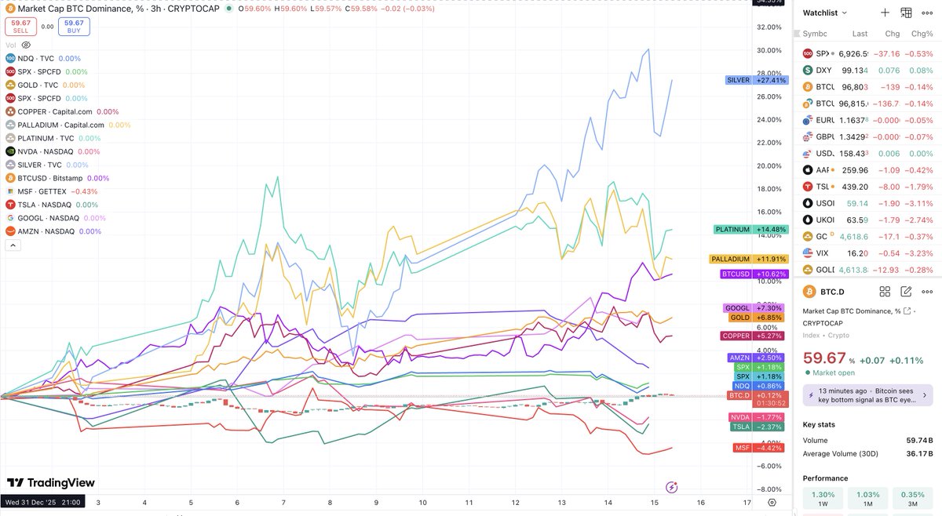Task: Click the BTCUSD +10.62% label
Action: (749, 274)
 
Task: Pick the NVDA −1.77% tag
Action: (750, 417)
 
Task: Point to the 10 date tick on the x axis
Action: (422, 502)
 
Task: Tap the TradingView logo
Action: (51, 483)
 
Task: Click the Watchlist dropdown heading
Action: (825, 13)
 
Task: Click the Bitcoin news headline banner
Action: (867, 395)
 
